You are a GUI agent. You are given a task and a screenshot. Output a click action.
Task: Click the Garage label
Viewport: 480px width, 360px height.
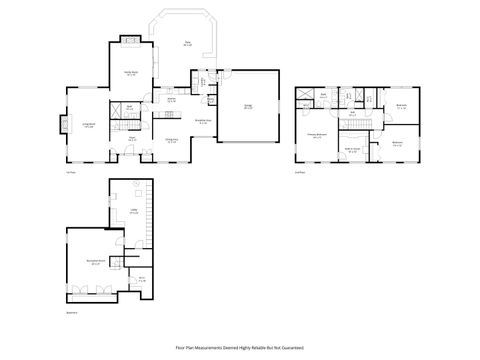tap(248, 107)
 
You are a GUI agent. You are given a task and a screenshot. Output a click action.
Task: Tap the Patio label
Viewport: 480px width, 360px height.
tap(187, 43)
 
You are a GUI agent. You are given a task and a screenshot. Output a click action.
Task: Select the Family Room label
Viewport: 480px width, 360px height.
tap(131, 73)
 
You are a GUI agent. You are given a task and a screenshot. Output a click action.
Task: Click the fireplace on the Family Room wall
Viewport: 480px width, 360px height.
tap(131, 41)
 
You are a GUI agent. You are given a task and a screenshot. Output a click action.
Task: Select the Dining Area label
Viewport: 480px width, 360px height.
tap(172, 141)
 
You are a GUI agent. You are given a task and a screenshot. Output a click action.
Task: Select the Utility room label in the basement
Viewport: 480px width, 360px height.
tap(133, 212)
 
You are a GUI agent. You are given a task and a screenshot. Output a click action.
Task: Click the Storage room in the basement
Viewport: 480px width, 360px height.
tap(142, 280)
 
